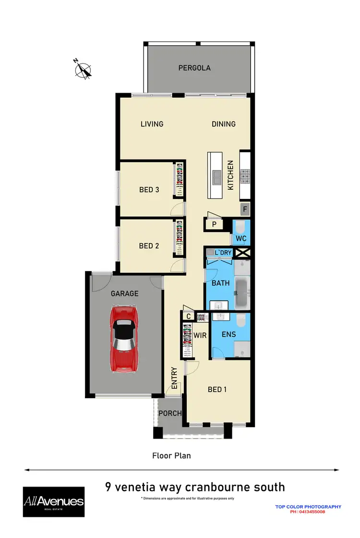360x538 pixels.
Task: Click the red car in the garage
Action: point(124,339)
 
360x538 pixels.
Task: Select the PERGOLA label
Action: point(194,68)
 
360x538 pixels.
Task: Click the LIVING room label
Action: point(152,124)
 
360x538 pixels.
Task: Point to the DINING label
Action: point(224,124)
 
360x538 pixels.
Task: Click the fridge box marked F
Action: point(245,209)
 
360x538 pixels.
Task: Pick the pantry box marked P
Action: point(214,224)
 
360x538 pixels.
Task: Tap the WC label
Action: point(241,239)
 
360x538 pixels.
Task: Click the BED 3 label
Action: point(149,190)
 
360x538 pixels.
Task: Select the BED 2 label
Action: point(149,246)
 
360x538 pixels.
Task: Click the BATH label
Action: point(221,283)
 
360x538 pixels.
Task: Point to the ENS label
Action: point(228,333)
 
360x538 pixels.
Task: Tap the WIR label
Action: point(201,335)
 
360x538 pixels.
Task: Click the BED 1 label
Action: point(217,389)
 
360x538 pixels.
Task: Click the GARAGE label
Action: point(125,293)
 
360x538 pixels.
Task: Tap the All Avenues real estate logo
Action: point(53,502)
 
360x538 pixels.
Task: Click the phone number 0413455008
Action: point(308,512)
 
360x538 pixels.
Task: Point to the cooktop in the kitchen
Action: point(245,176)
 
